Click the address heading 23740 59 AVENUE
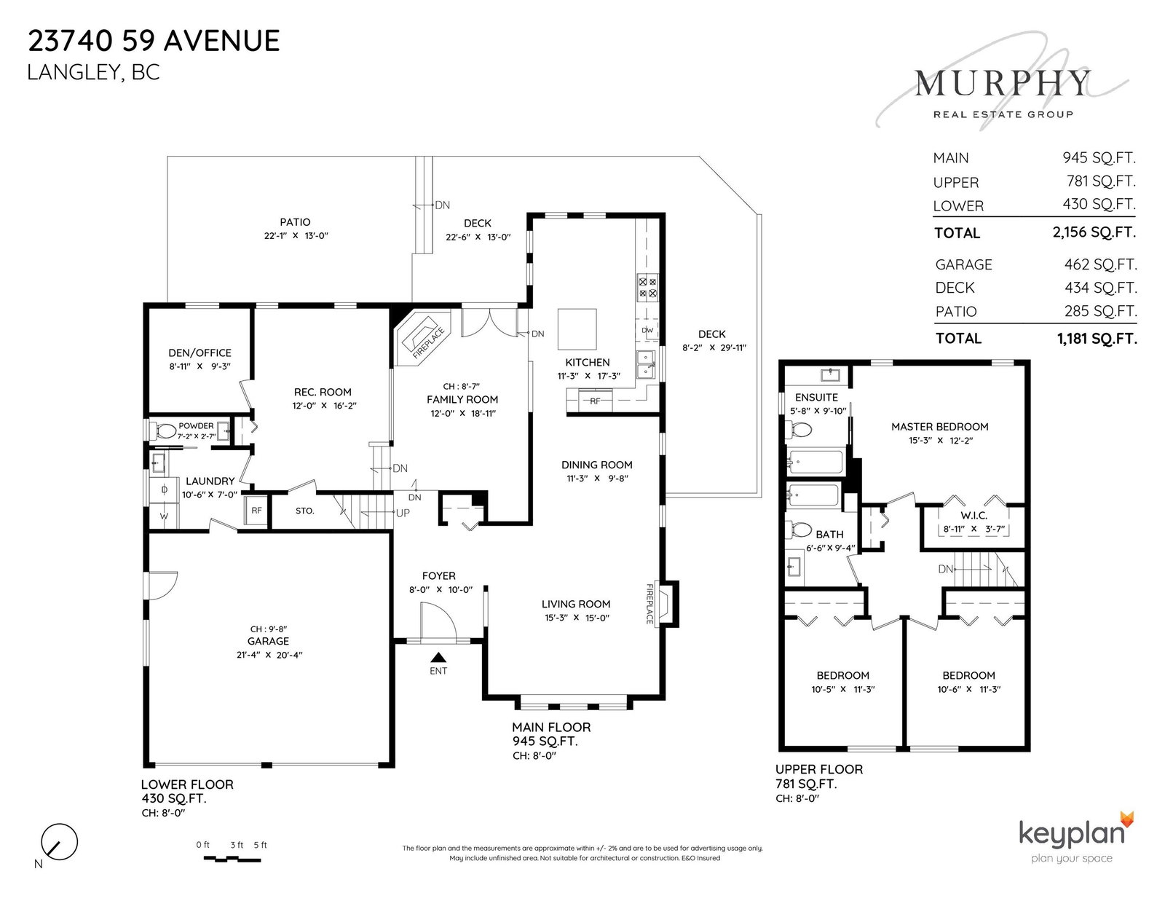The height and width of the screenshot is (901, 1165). coord(154,42)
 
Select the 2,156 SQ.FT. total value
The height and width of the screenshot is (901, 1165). coord(1094,232)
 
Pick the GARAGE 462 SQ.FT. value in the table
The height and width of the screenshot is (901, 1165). coord(1100,264)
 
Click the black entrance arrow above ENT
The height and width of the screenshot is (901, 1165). coord(438,657)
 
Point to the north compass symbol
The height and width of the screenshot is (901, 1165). coord(59,842)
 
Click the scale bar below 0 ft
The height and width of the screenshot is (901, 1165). coord(232,859)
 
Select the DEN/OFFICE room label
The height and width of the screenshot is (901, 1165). coord(200,353)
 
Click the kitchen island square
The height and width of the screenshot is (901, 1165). coord(577,328)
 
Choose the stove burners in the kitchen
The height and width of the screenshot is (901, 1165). coord(647,287)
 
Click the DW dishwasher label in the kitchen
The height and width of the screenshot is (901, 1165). coord(647,330)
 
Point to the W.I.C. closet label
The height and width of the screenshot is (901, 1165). coord(974,516)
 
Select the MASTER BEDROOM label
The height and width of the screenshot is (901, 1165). coord(940,427)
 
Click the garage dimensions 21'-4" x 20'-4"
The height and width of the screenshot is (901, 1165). coord(269,655)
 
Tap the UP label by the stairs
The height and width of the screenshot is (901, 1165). coord(403,513)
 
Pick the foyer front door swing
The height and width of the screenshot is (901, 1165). coord(438,621)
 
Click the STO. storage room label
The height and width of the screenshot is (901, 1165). coord(304,511)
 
